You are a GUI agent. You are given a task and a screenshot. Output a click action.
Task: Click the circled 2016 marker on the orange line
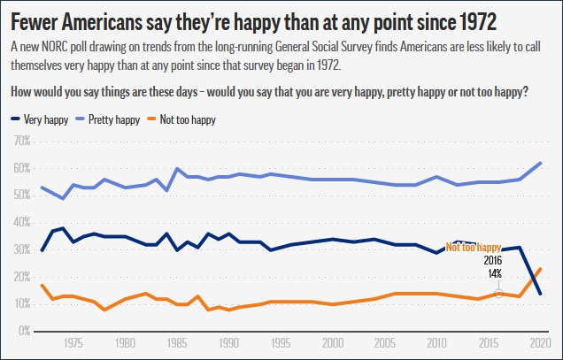(x=499, y=293)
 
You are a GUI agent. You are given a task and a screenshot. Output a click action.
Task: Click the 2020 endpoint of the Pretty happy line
(x=540, y=163)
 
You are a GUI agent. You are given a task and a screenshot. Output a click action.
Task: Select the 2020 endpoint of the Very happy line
(x=540, y=293)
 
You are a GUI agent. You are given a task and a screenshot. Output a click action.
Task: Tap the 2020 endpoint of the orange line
(x=540, y=269)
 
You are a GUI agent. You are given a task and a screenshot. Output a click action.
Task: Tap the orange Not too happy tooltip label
(x=474, y=248)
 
